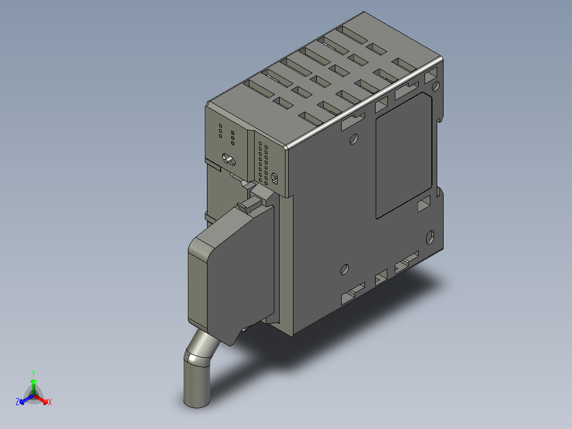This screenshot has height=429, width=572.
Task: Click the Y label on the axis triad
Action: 33,373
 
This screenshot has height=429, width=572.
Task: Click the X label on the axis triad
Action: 49,402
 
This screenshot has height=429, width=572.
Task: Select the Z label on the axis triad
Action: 18,402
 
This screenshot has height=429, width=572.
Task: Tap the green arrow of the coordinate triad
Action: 33,384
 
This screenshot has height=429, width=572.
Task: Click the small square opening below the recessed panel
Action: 424,204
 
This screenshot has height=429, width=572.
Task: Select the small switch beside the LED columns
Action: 274,177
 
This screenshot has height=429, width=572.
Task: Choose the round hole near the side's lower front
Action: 344,269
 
